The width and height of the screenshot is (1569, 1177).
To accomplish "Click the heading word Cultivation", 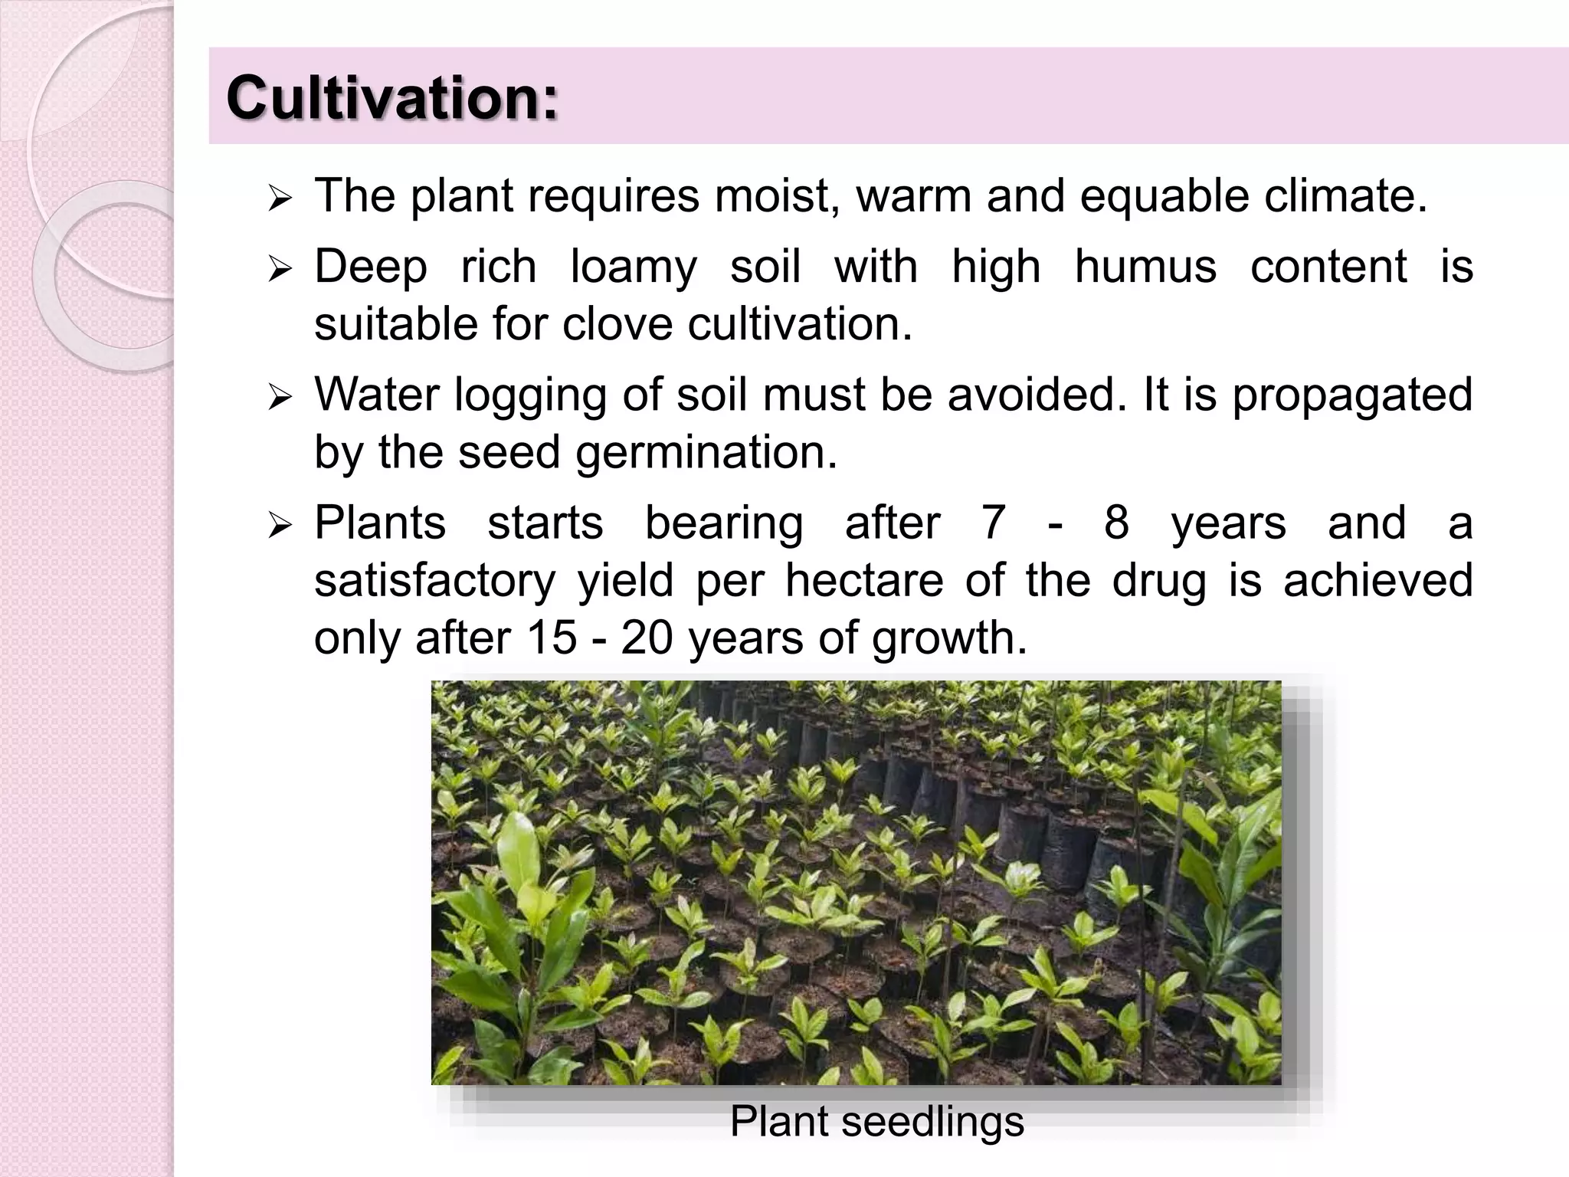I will pyautogui.click(x=391, y=98).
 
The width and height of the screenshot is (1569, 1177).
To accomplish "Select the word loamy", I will pyautogui.click(x=634, y=267).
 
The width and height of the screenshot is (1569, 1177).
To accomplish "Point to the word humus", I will pyautogui.click(x=1145, y=266).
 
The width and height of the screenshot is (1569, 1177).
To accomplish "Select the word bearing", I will pyautogui.click(x=724, y=524).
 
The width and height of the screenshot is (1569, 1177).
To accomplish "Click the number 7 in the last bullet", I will pyautogui.click(x=993, y=523).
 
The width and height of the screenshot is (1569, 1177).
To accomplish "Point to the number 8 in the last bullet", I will pyautogui.click(x=1116, y=523).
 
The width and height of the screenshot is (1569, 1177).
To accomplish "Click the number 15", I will pyautogui.click(x=551, y=637).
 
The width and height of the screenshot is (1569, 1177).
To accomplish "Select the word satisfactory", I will pyautogui.click(x=434, y=580).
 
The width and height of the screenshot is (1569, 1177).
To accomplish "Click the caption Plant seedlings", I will pyautogui.click(x=876, y=1122).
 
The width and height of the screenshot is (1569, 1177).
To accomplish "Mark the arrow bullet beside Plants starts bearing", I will pyautogui.click(x=281, y=526).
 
